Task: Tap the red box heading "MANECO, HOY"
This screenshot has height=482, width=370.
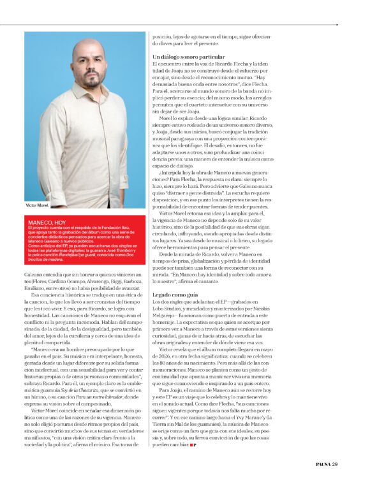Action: tap(47, 222)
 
